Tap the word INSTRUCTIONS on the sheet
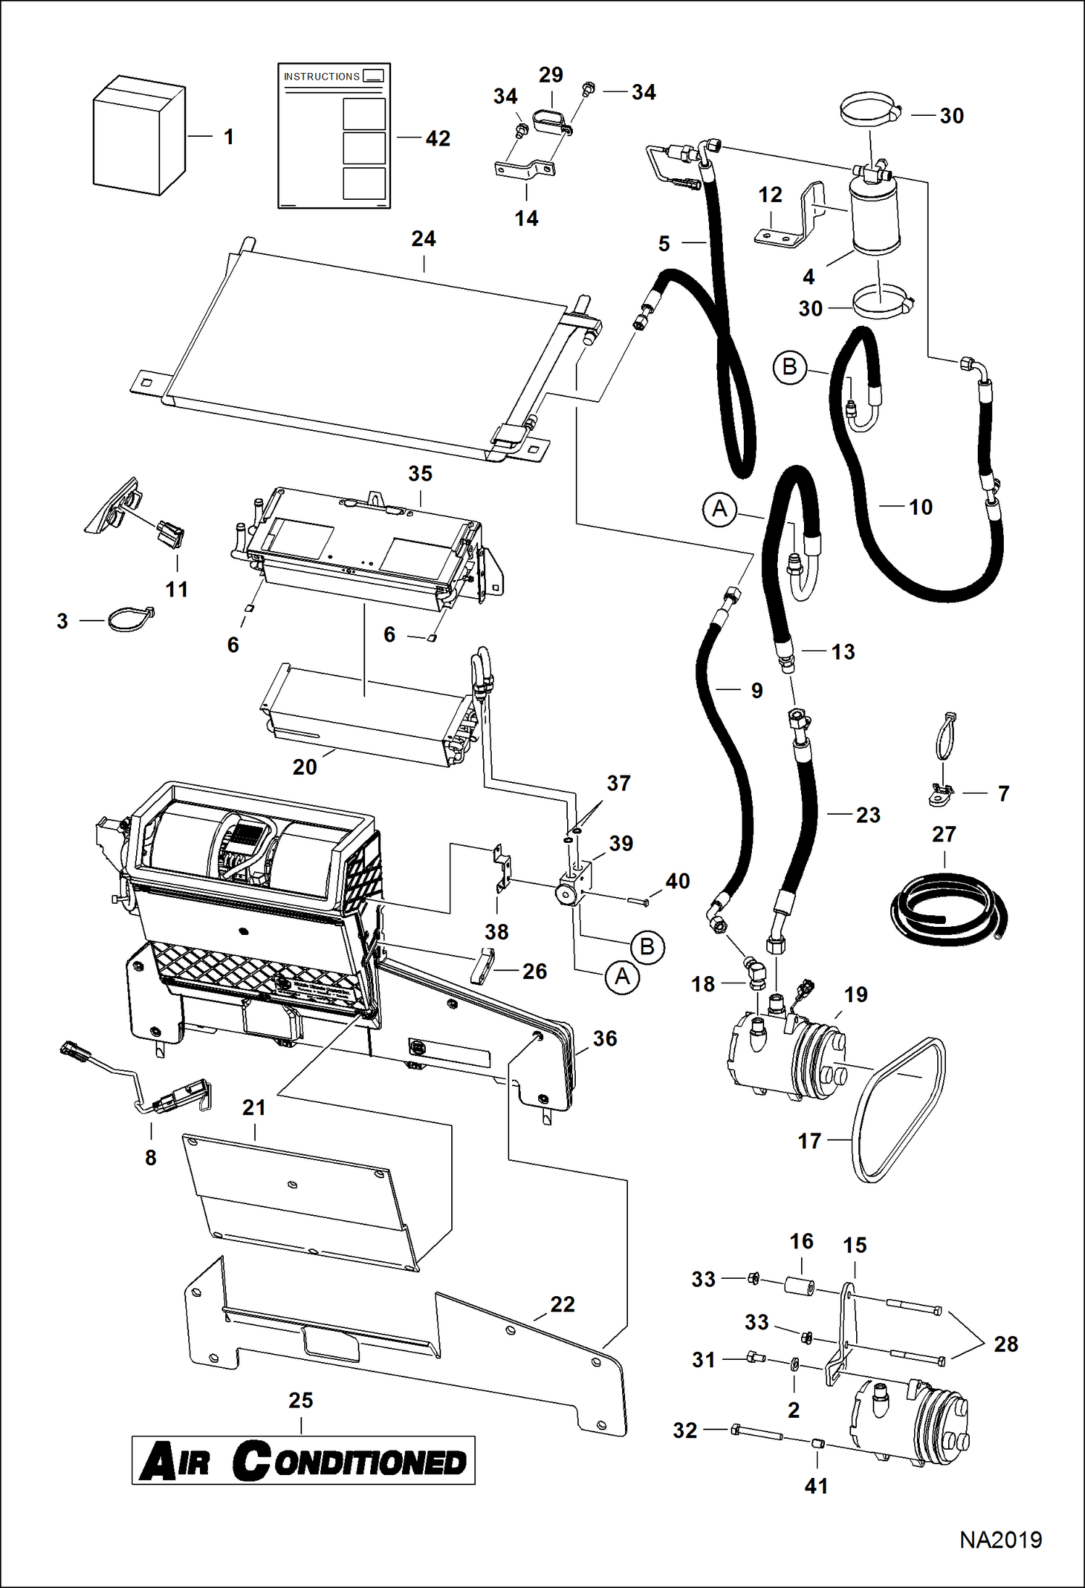321,77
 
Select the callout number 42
437,138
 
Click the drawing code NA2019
1000,1540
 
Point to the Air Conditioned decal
303,1461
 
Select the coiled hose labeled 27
945,908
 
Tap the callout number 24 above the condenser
424,239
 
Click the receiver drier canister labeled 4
874,216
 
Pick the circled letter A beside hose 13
719,510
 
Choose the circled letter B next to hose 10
789,367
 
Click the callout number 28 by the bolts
1005,1344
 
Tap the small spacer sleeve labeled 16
800,1287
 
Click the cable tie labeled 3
130,620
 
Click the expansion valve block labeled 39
575,886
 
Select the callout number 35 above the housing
420,474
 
